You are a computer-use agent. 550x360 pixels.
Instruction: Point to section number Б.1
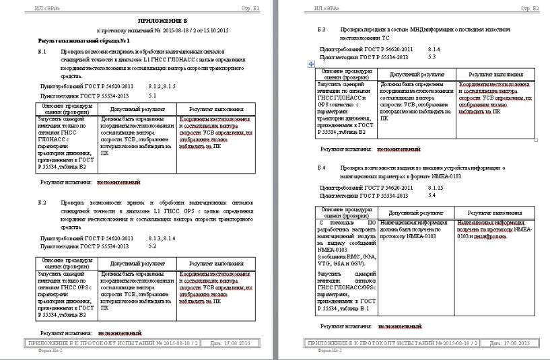[42, 51]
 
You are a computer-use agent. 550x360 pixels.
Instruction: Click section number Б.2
[42, 202]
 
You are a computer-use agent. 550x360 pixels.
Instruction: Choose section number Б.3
[322, 30]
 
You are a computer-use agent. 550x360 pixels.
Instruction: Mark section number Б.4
[322, 166]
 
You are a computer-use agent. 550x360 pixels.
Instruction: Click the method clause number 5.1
[152, 96]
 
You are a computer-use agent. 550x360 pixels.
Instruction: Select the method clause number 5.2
[152, 246]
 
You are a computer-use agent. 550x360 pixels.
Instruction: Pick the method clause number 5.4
[432, 195]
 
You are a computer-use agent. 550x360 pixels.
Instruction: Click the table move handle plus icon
[310, 63]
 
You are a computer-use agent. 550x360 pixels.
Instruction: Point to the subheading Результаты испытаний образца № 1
[79, 41]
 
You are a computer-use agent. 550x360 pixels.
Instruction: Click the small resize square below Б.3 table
[535, 141]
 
